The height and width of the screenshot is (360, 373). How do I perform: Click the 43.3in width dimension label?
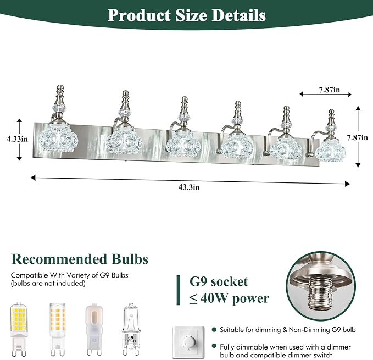[x=189, y=187]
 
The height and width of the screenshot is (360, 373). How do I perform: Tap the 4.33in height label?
[x=18, y=139]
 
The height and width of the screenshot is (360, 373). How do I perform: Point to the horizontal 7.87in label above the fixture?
[x=330, y=90]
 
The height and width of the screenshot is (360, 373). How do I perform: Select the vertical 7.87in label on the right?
[x=357, y=137]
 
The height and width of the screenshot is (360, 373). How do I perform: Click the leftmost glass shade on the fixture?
[x=59, y=139]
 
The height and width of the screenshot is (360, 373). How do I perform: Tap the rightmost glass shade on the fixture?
[x=330, y=151]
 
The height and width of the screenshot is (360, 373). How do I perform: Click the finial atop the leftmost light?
[x=60, y=95]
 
